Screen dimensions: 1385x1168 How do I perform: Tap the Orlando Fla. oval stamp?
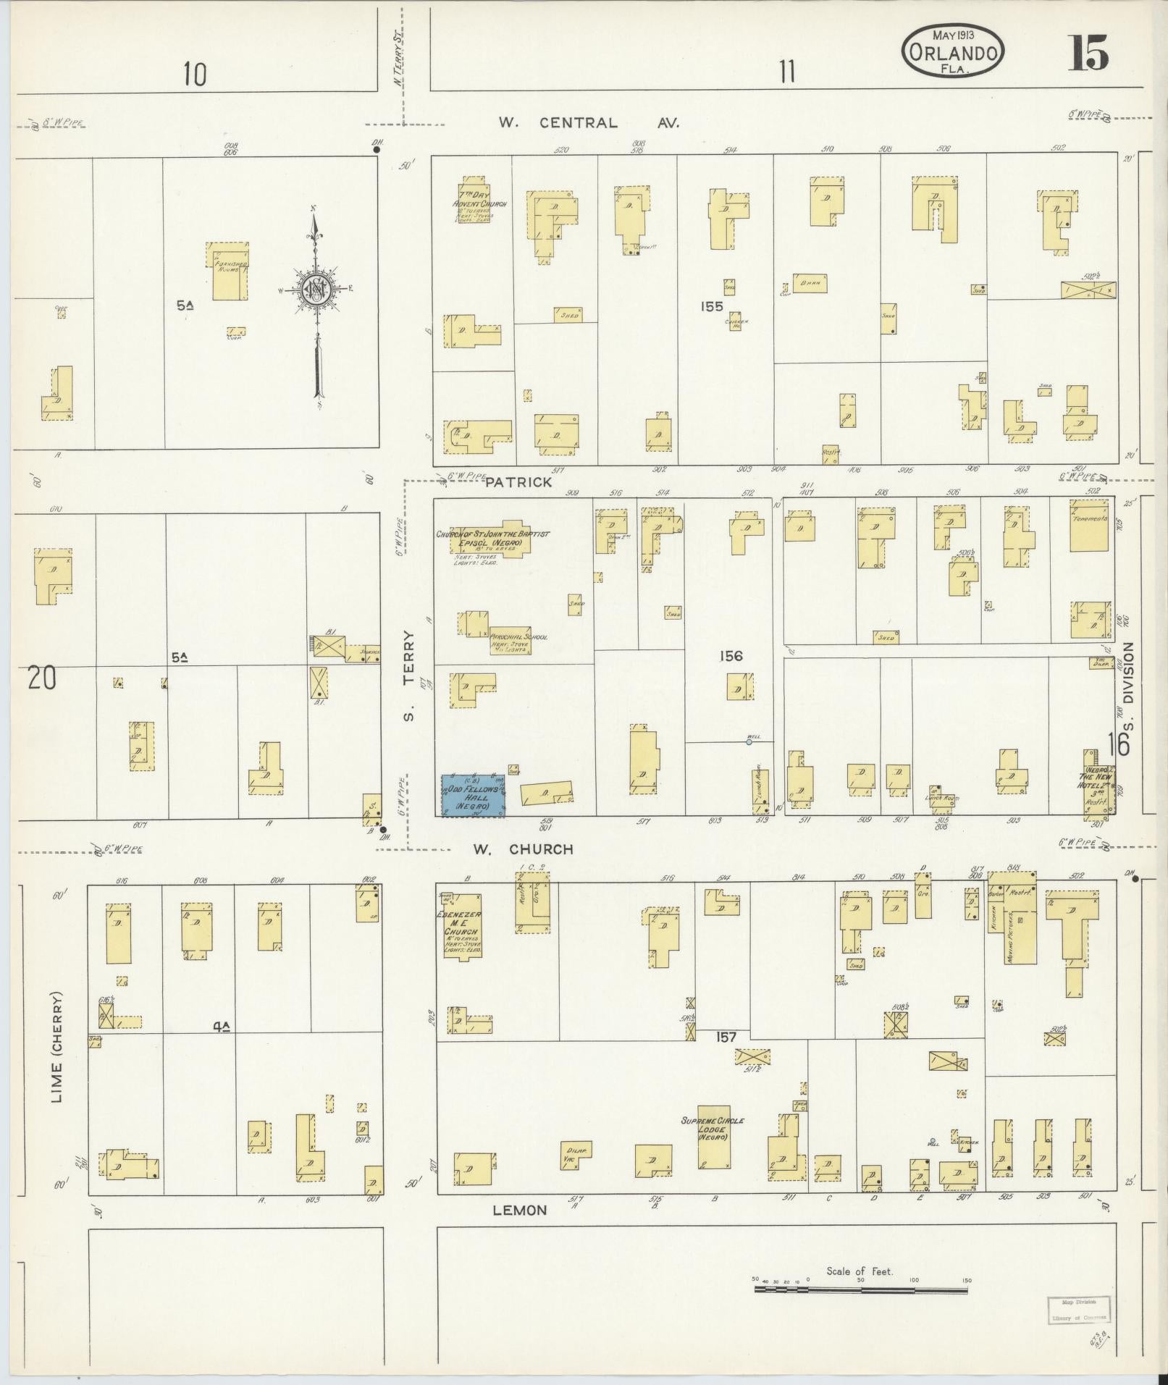952,51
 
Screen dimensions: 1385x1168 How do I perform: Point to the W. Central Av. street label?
588,123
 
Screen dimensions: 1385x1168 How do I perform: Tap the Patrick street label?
518,482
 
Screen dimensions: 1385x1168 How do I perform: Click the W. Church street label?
523,849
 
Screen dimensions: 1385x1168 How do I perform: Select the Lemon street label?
520,1211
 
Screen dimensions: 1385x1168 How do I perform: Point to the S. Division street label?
1127,687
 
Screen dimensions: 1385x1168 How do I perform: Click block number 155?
712,306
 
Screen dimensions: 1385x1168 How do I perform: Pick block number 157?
726,1037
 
